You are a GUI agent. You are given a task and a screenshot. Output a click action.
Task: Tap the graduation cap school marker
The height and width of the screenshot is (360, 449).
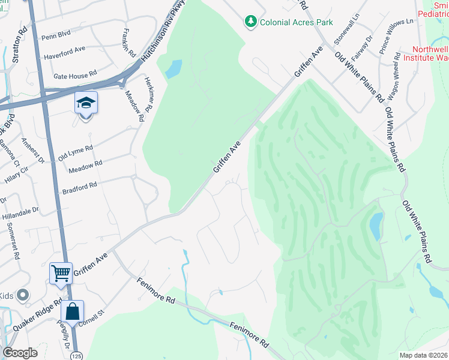pyautogui.click(x=86, y=103)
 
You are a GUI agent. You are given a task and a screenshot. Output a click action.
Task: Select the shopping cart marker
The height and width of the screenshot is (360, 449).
pyautogui.click(x=61, y=274)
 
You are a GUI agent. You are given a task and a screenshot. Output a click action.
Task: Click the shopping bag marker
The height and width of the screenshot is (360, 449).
pyautogui.click(x=72, y=311)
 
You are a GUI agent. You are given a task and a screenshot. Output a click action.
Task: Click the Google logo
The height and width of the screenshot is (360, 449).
pyautogui.click(x=20, y=353)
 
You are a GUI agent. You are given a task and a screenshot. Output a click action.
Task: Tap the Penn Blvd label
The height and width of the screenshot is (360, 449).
pyautogui.click(x=56, y=36)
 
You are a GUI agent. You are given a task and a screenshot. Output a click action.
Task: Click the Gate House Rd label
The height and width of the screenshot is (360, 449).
pyautogui.click(x=75, y=76)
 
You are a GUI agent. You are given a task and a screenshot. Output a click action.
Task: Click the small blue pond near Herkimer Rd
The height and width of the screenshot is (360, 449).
pyautogui.click(x=173, y=69)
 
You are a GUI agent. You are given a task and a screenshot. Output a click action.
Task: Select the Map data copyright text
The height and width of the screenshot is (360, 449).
pyautogui.click(x=423, y=355)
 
